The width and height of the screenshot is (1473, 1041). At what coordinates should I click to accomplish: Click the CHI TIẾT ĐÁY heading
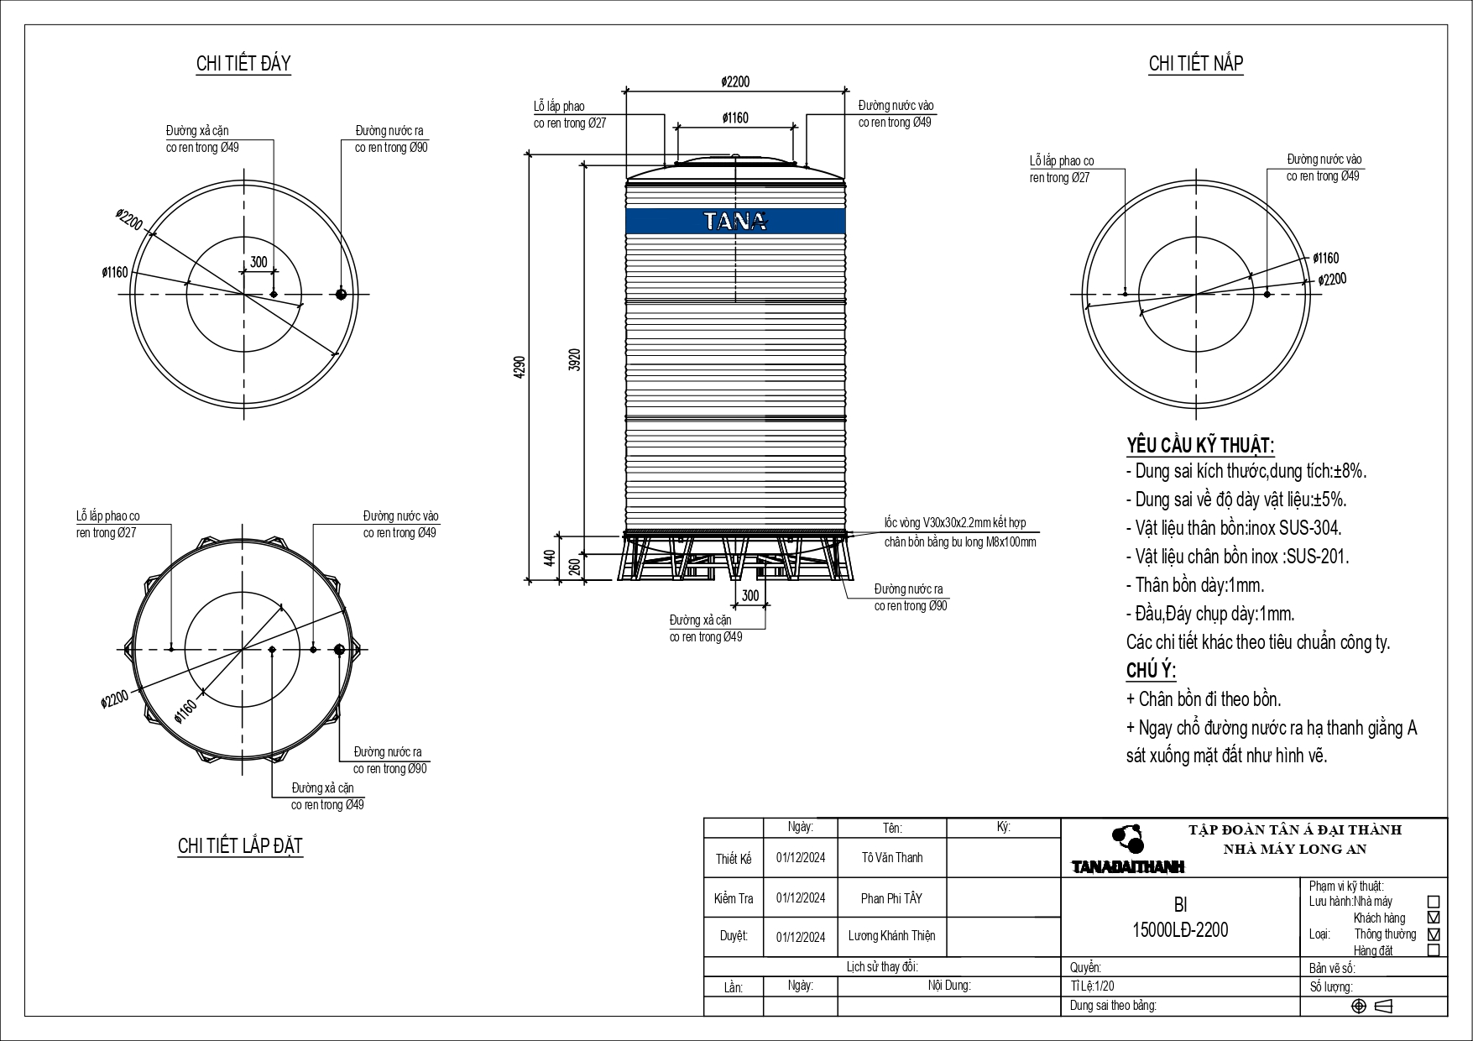[x=243, y=64]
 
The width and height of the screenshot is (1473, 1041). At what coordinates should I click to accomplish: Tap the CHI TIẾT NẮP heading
[x=1195, y=64]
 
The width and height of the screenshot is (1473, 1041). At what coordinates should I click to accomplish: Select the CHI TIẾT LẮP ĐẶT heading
[x=240, y=845]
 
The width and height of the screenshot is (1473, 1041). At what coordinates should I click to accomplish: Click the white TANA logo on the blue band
[x=735, y=221]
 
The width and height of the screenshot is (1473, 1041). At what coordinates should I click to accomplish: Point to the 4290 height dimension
[x=520, y=368]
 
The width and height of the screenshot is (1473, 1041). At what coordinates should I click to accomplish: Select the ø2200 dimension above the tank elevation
[x=735, y=81]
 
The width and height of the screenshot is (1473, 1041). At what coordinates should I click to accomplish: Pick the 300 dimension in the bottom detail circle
[x=259, y=262]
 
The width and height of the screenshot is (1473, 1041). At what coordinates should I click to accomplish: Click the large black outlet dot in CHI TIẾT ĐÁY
[x=341, y=294]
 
